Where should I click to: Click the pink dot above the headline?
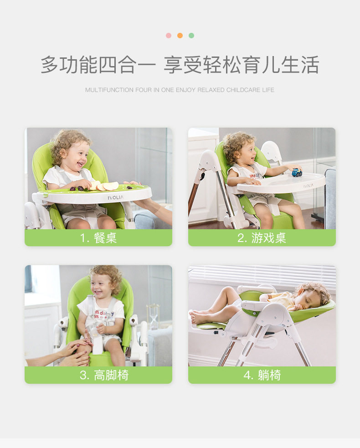[169, 36]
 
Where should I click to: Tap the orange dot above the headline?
[180, 36]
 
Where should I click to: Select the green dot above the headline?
[191, 36]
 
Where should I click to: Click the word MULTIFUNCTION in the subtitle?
[109, 90]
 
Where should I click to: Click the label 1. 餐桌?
[98, 238]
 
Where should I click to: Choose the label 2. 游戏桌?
[262, 238]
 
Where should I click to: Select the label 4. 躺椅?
[262, 375]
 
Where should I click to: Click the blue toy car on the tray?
[297, 173]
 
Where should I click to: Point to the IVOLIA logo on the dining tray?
[115, 198]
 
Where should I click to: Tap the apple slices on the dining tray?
[106, 186]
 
